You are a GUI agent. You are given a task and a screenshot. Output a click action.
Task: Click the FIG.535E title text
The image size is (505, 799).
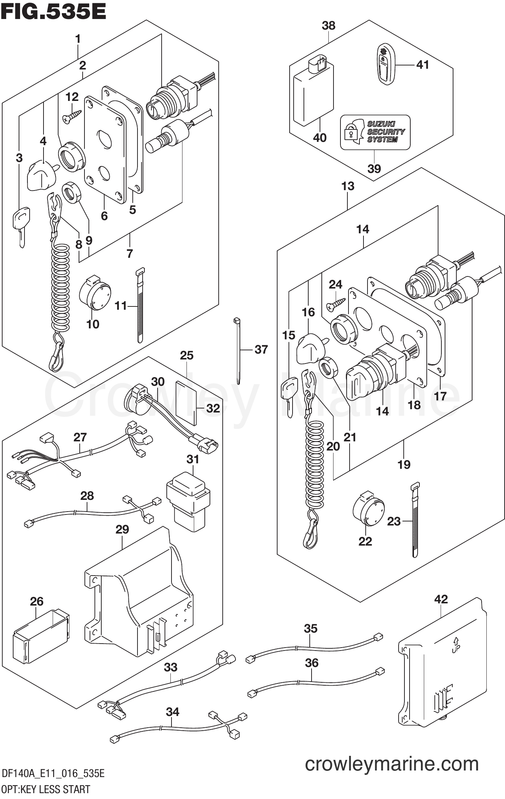click(54, 12)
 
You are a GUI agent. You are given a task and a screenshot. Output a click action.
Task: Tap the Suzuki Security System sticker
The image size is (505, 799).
click(375, 132)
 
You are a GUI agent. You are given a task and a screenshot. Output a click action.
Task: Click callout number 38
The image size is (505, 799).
click(328, 26)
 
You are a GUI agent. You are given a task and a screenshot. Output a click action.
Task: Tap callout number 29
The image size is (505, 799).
click(122, 529)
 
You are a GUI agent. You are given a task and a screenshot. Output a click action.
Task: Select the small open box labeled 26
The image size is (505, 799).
click(41, 636)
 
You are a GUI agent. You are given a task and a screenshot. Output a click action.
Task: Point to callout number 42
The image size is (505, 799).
click(441, 599)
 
